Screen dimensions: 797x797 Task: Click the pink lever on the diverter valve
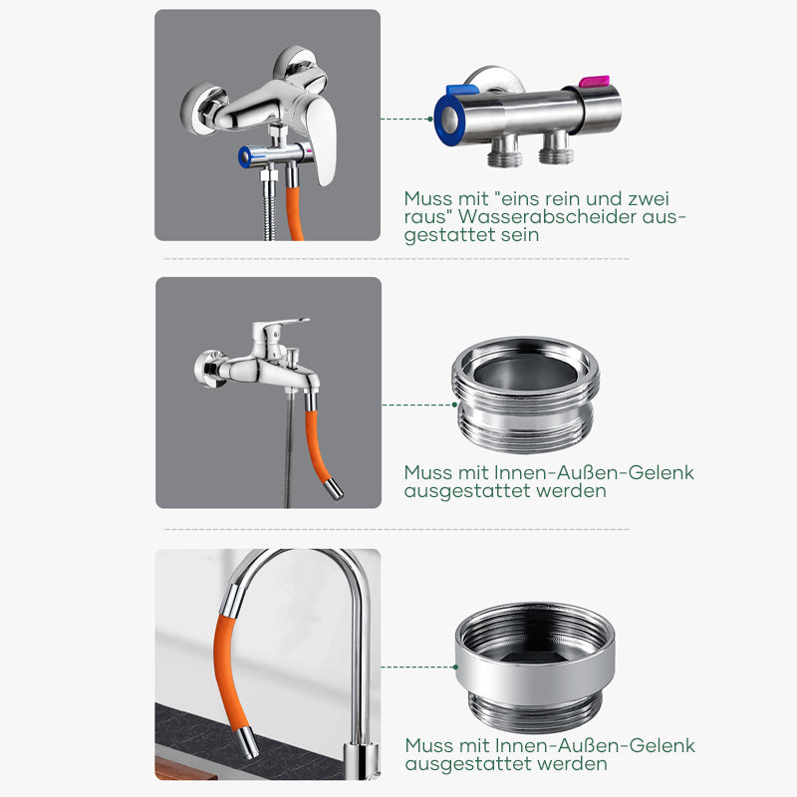594,81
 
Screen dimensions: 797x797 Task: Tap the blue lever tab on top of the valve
462,90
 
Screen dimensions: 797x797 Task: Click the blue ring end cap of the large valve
449,121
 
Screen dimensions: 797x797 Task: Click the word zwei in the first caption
649,198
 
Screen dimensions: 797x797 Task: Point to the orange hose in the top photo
294,212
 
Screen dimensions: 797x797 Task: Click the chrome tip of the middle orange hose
334,489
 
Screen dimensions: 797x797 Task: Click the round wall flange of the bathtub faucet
208,369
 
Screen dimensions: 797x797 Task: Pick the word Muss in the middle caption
428,472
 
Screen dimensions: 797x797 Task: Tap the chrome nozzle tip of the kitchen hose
248,742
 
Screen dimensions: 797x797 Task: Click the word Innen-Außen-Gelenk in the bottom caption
595,745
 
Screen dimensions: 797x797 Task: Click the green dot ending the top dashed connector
430,119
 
